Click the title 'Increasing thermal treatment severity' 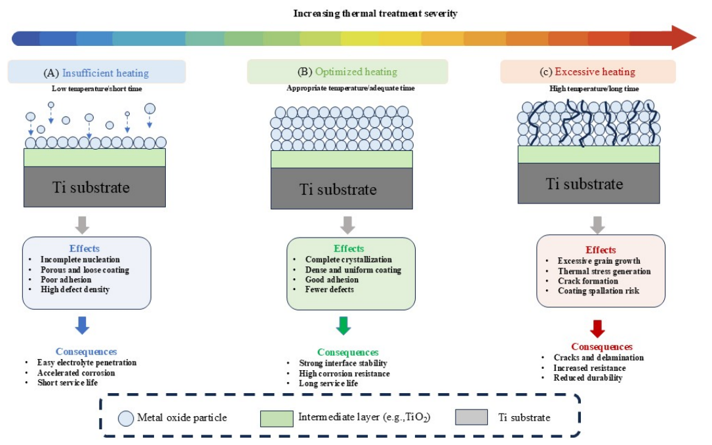point(375,13)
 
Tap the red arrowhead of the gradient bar point(683,37)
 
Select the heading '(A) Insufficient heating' point(96,73)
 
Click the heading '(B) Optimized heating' point(347,72)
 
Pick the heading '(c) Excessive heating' point(587,72)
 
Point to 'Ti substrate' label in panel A point(91,187)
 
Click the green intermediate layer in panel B point(342,159)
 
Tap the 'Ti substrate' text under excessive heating point(584,184)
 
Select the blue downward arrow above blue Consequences point(82,326)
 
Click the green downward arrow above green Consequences point(344,326)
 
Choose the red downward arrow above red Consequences point(597,329)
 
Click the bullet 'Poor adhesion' point(66,280)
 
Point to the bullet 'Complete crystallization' point(348,259)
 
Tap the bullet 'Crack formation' point(588,281)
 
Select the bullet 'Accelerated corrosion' point(76,373)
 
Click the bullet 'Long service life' point(328,383)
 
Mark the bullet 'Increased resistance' point(589,368)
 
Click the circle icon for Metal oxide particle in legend point(126,418)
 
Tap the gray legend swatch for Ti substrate point(471,417)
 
